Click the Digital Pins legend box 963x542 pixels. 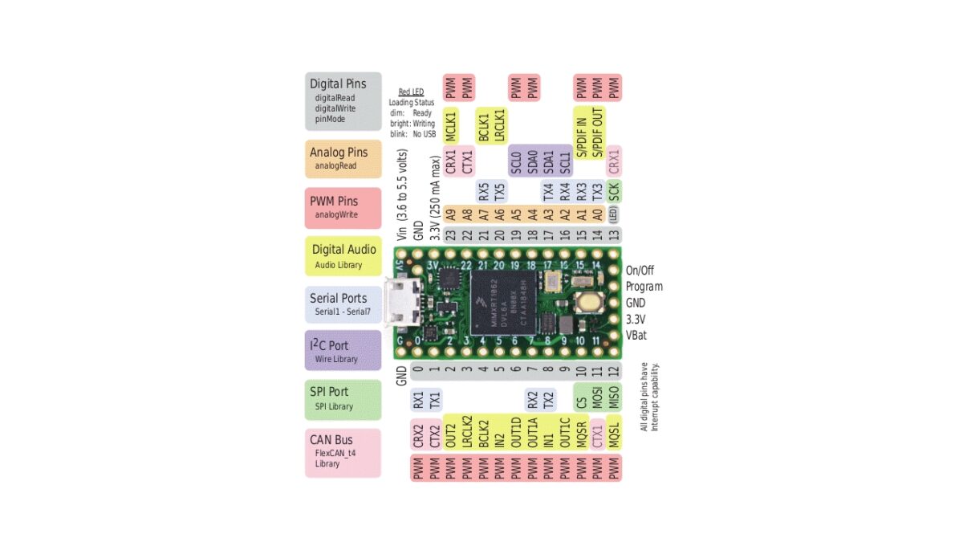point(343,101)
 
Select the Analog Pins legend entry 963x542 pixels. point(343,158)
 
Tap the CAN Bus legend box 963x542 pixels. point(343,452)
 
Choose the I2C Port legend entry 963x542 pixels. point(343,350)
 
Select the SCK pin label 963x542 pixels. point(614,191)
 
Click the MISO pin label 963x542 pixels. point(614,397)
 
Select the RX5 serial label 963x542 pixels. point(483,191)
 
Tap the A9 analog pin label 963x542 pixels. point(451,214)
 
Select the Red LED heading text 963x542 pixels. point(411,92)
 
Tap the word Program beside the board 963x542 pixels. point(644,287)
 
